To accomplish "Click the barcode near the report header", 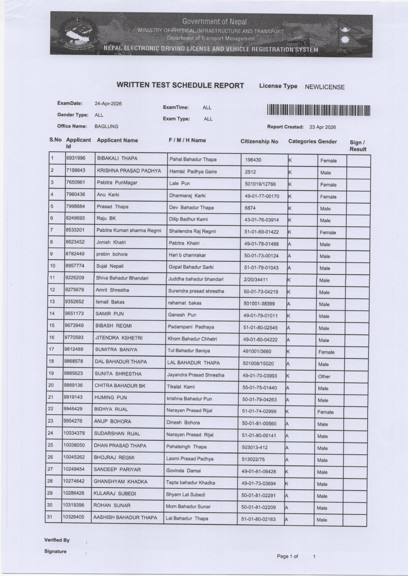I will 319,111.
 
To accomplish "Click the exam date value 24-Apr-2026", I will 108,104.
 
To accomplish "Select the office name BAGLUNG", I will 106,127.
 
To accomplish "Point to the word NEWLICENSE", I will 325,87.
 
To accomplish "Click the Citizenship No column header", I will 259,141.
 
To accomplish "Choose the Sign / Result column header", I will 358,146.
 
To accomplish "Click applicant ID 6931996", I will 76,158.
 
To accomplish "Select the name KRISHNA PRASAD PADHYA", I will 129,171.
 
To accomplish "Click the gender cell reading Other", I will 324,376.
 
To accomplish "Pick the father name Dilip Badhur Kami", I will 188,219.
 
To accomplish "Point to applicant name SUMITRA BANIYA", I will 116,349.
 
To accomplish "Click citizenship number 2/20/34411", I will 256,280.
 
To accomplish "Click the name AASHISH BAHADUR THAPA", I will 125,517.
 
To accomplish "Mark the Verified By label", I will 57,540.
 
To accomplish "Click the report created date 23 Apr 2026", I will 322,127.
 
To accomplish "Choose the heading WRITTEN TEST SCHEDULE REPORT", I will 180,86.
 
